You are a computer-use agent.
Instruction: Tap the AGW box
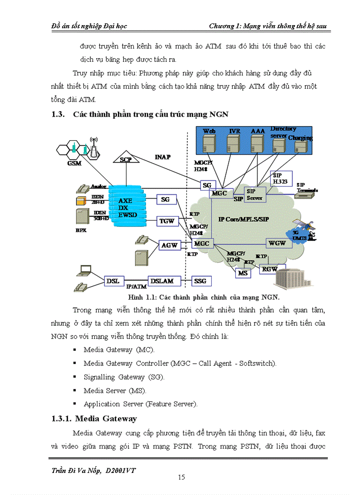pos(169,245)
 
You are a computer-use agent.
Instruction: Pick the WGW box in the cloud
pos(277,243)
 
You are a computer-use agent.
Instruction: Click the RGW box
pos(269,268)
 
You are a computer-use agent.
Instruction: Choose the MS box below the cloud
pos(243,273)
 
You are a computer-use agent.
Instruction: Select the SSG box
pos(202,281)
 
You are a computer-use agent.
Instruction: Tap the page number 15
pos(181,477)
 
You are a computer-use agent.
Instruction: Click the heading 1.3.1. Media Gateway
pos(94,418)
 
